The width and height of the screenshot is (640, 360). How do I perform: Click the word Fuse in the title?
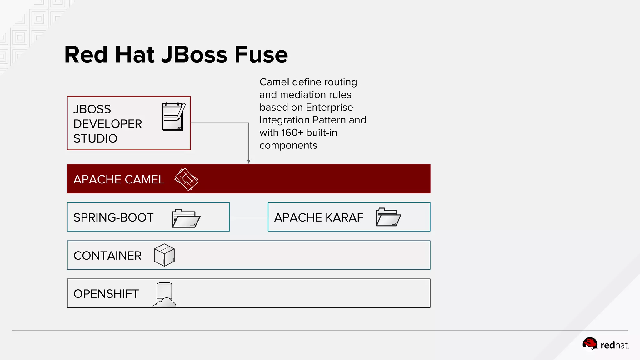[261, 54]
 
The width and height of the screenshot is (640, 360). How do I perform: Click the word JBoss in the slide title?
[194, 54]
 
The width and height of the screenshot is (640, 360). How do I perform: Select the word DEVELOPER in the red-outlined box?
[107, 124]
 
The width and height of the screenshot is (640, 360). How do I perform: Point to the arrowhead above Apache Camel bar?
[249, 162]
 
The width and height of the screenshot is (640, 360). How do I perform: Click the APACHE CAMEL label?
[119, 179]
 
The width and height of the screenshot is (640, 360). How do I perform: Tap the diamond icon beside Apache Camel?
[186, 179]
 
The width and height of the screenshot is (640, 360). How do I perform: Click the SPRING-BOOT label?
[113, 217]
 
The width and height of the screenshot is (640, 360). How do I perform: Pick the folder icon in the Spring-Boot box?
[186, 218]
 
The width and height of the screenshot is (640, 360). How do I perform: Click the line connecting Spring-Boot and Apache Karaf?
[249, 217]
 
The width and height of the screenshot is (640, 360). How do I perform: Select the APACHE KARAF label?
[319, 217]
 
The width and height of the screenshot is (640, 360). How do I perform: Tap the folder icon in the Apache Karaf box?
[388, 217]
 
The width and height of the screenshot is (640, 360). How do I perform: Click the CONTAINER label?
[107, 256]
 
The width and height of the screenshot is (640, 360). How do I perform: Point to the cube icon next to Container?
[164, 255]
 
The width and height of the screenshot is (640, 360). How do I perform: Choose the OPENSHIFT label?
[106, 294]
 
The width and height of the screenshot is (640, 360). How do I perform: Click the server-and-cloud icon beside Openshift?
[164, 295]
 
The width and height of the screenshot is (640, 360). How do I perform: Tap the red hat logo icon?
[590, 344]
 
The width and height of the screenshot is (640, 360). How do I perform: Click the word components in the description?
[288, 145]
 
